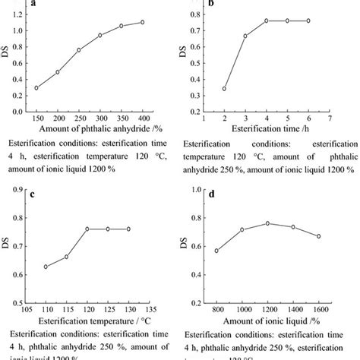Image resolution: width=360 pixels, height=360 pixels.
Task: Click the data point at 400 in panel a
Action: (142, 22)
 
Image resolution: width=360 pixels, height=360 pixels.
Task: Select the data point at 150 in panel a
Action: (36, 88)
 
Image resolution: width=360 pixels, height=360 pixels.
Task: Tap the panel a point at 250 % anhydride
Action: (79, 50)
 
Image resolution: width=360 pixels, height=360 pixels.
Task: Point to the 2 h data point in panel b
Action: (223, 89)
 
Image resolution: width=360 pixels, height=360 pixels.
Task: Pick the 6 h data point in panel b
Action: (308, 21)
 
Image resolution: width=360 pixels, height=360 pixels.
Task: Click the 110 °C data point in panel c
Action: (45, 267)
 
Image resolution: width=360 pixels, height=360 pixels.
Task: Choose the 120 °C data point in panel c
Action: (87, 229)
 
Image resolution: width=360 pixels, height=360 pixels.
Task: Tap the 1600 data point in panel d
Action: (339, 236)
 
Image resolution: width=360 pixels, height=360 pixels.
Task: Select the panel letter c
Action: (33, 193)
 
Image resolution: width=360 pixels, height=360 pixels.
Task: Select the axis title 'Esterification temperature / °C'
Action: (88, 322)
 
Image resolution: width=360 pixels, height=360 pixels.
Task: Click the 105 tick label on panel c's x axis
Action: (25, 310)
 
